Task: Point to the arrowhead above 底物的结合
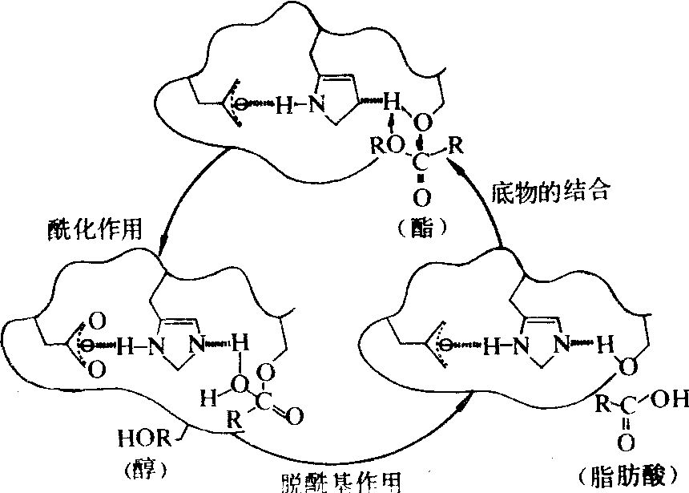[x=453, y=165]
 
